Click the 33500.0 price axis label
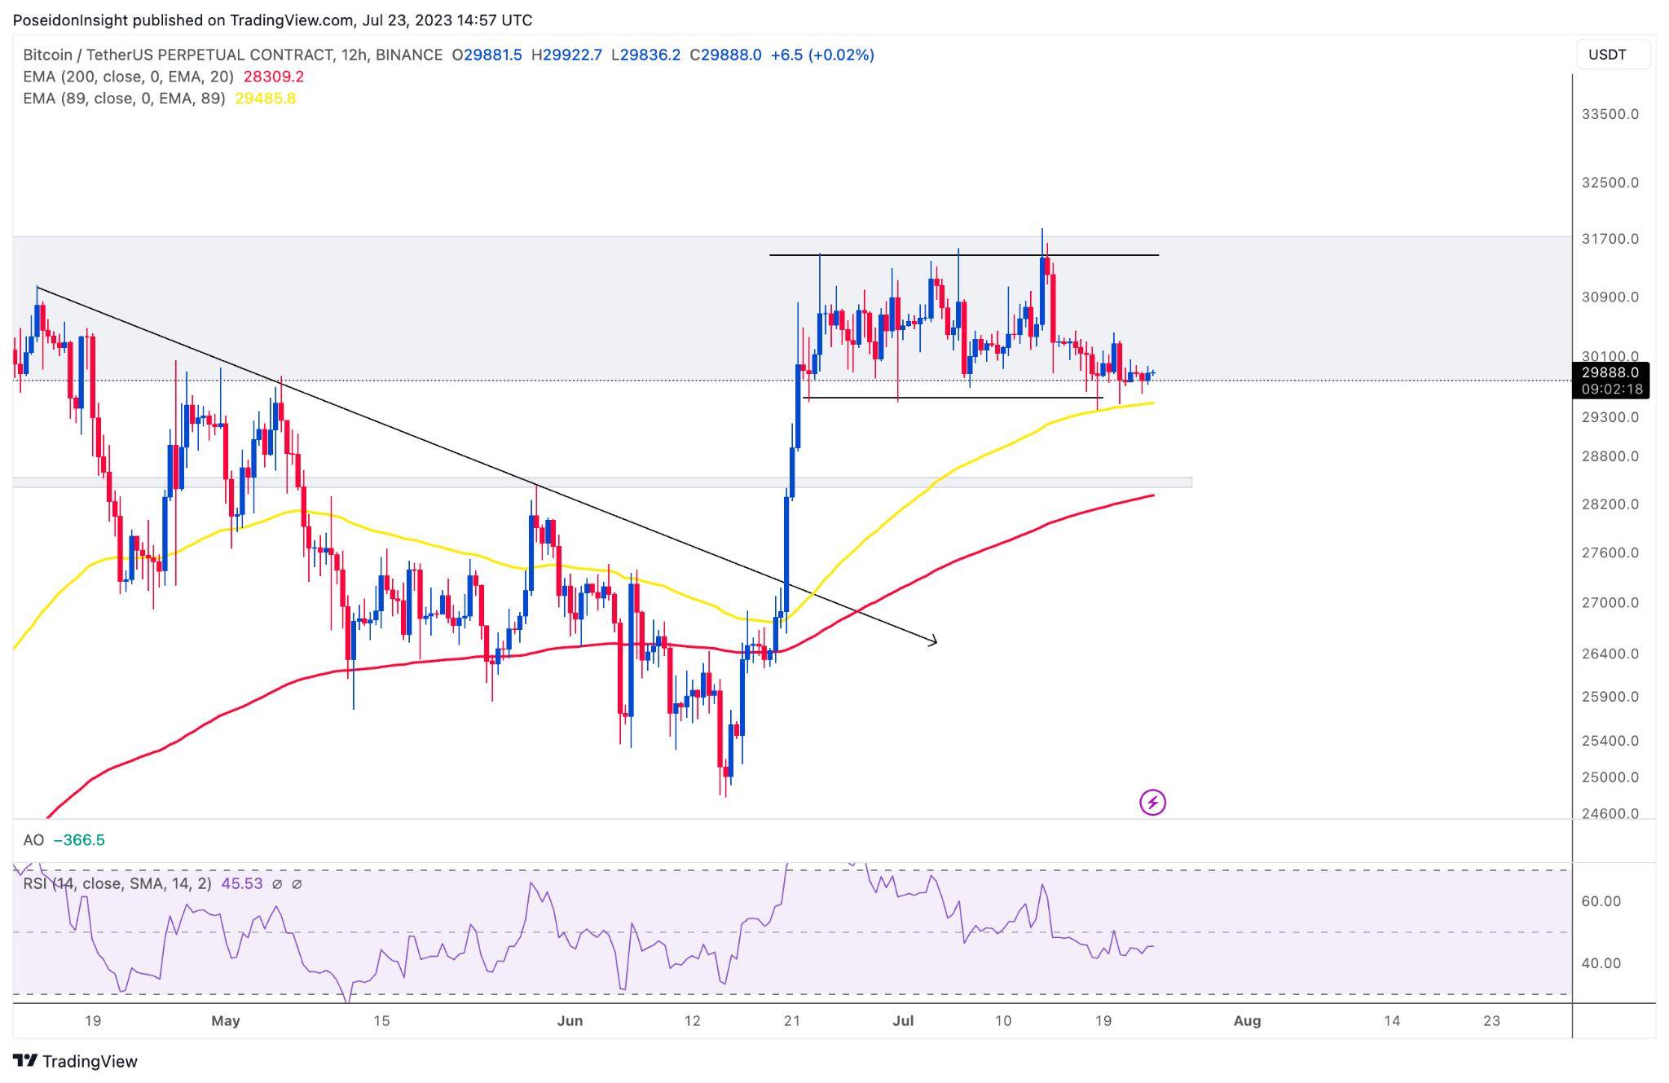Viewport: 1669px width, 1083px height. click(x=1610, y=114)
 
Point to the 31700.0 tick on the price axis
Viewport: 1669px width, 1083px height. click(x=1610, y=239)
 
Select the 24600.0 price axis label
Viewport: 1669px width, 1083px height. click(x=1610, y=813)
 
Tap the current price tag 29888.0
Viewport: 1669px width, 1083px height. click(x=1610, y=372)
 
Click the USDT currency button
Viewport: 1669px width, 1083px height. click(x=1607, y=55)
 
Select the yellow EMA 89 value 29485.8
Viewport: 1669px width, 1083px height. click(x=265, y=99)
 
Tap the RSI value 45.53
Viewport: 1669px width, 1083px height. click(x=242, y=883)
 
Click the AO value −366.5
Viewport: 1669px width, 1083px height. click(x=79, y=840)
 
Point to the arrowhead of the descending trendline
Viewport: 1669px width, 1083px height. click(x=934, y=641)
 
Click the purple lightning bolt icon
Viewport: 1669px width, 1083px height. click(x=1152, y=803)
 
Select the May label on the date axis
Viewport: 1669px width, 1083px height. click(x=226, y=1021)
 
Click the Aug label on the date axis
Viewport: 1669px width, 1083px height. click(x=1247, y=1021)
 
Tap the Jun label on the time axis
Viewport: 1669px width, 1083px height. click(x=570, y=1021)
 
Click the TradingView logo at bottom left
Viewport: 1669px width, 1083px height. click(x=76, y=1061)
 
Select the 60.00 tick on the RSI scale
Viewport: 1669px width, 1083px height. click(x=1601, y=901)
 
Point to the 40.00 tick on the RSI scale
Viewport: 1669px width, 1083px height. click(x=1601, y=963)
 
